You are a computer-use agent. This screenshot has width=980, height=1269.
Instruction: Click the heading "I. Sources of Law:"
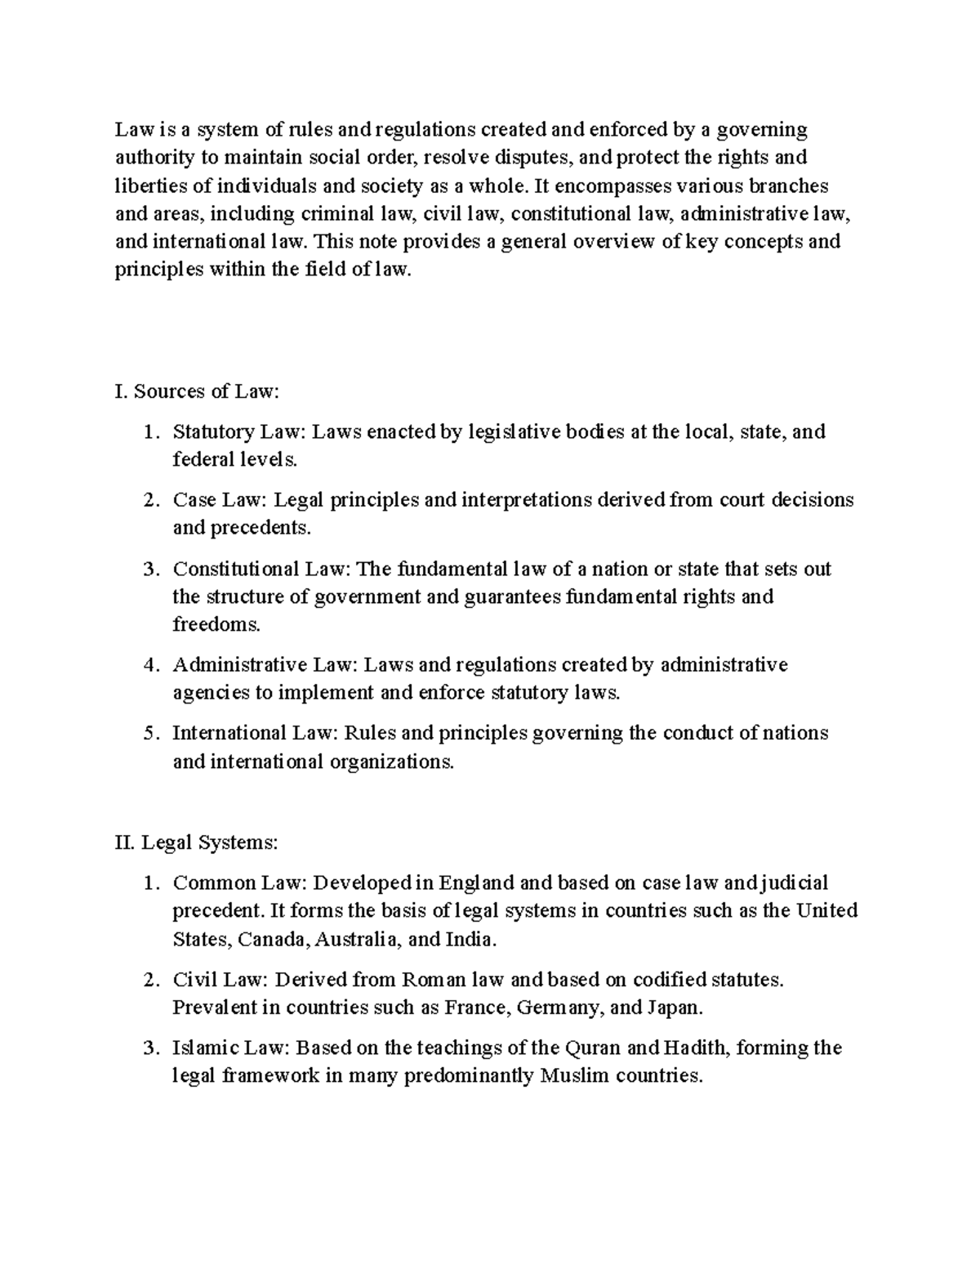point(197,391)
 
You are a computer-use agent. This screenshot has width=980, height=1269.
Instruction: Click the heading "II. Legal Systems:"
point(197,842)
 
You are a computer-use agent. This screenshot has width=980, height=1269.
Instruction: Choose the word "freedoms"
point(216,625)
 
